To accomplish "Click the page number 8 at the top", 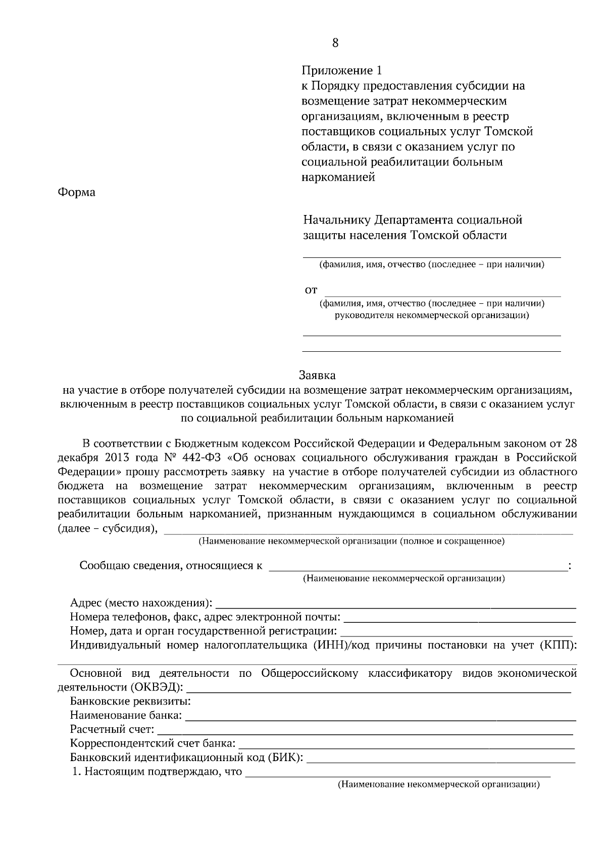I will point(335,43).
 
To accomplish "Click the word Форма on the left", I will point(77,192).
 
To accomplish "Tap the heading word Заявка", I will point(317,376).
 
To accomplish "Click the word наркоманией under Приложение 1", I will point(338,177).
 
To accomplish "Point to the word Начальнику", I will point(336,220).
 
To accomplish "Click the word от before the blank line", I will point(311,290).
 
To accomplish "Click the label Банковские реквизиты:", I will point(130,702).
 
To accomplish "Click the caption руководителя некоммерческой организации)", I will point(431,316).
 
